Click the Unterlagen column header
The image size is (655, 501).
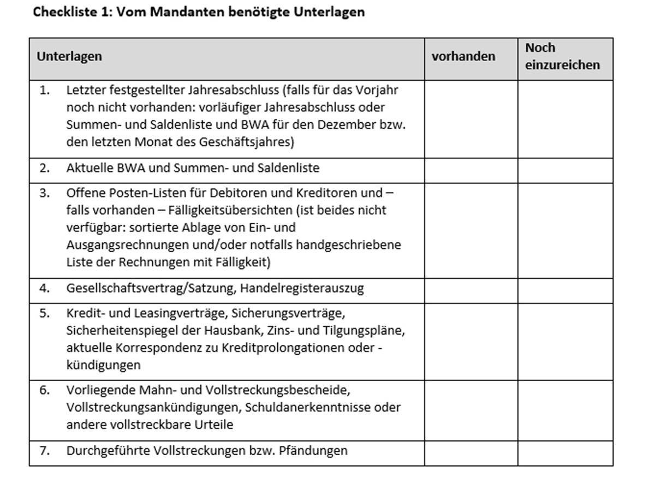(69, 56)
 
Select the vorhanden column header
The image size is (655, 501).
(463, 56)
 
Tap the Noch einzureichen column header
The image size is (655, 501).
(562, 56)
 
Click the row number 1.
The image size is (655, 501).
(44, 90)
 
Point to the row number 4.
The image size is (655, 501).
(44, 288)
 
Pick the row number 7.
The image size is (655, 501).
(44, 451)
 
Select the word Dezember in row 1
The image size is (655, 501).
(348, 124)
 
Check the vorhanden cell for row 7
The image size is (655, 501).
(471, 452)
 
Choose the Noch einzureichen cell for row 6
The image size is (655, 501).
(565, 409)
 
